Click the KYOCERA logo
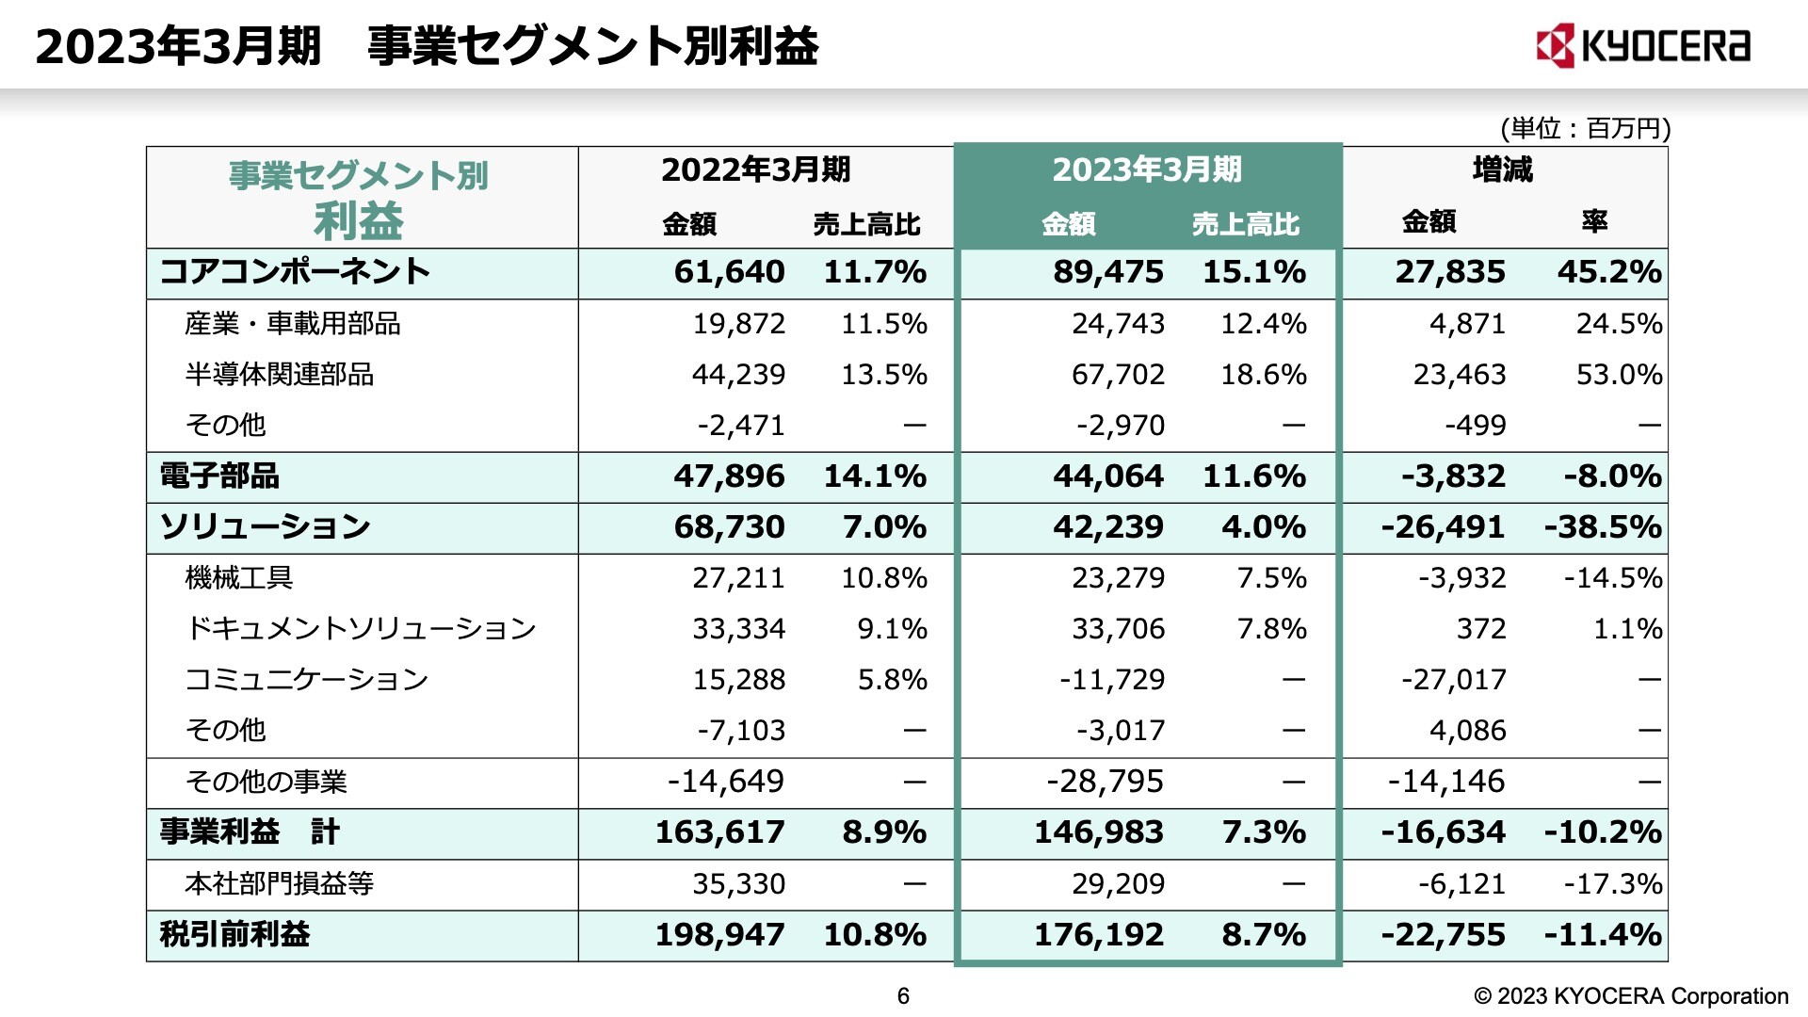1642,46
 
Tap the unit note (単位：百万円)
1585,128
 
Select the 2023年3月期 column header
1147,170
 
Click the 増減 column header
1503,170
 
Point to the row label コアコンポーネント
295,272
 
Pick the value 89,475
1108,272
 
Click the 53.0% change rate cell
1619,375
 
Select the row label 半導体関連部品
280,375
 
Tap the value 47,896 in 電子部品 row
729,476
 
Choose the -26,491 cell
1443,527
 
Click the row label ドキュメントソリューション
361,629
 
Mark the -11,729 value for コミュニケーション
1112,680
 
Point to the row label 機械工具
239,578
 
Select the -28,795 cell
1105,782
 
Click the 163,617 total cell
719,832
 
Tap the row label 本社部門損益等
280,884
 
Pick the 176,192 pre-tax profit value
1099,935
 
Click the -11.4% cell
1603,935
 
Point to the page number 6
903,996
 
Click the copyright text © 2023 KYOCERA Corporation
1631,996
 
